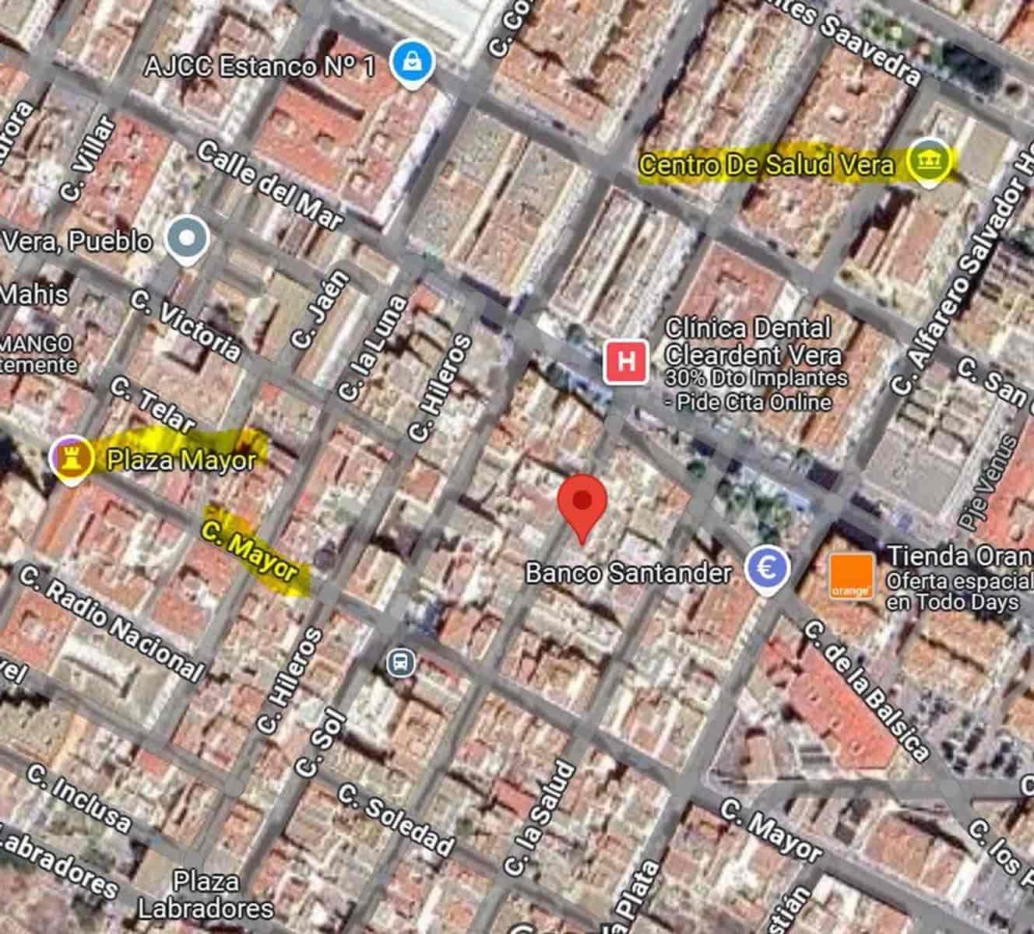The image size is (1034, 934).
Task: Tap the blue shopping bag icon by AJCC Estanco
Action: [409, 64]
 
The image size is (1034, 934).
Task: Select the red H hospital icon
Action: [626, 362]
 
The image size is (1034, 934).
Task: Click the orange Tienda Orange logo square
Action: [850, 577]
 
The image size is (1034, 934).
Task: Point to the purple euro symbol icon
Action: [767, 569]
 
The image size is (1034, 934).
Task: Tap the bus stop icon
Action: [401, 662]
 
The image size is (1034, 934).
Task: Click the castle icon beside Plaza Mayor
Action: [71, 458]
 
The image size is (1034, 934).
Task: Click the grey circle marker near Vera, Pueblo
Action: [188, 239]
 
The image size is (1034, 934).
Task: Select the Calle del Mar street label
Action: [269, 185]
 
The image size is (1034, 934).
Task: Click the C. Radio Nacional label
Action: [111, 625]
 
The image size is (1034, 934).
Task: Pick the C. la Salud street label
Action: [539, 818]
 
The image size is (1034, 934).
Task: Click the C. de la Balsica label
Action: [865, 690]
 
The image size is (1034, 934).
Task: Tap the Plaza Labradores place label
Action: [206, 894]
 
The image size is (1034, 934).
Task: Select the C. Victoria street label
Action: [186, 325]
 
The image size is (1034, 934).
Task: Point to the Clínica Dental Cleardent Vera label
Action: [752, 342]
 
